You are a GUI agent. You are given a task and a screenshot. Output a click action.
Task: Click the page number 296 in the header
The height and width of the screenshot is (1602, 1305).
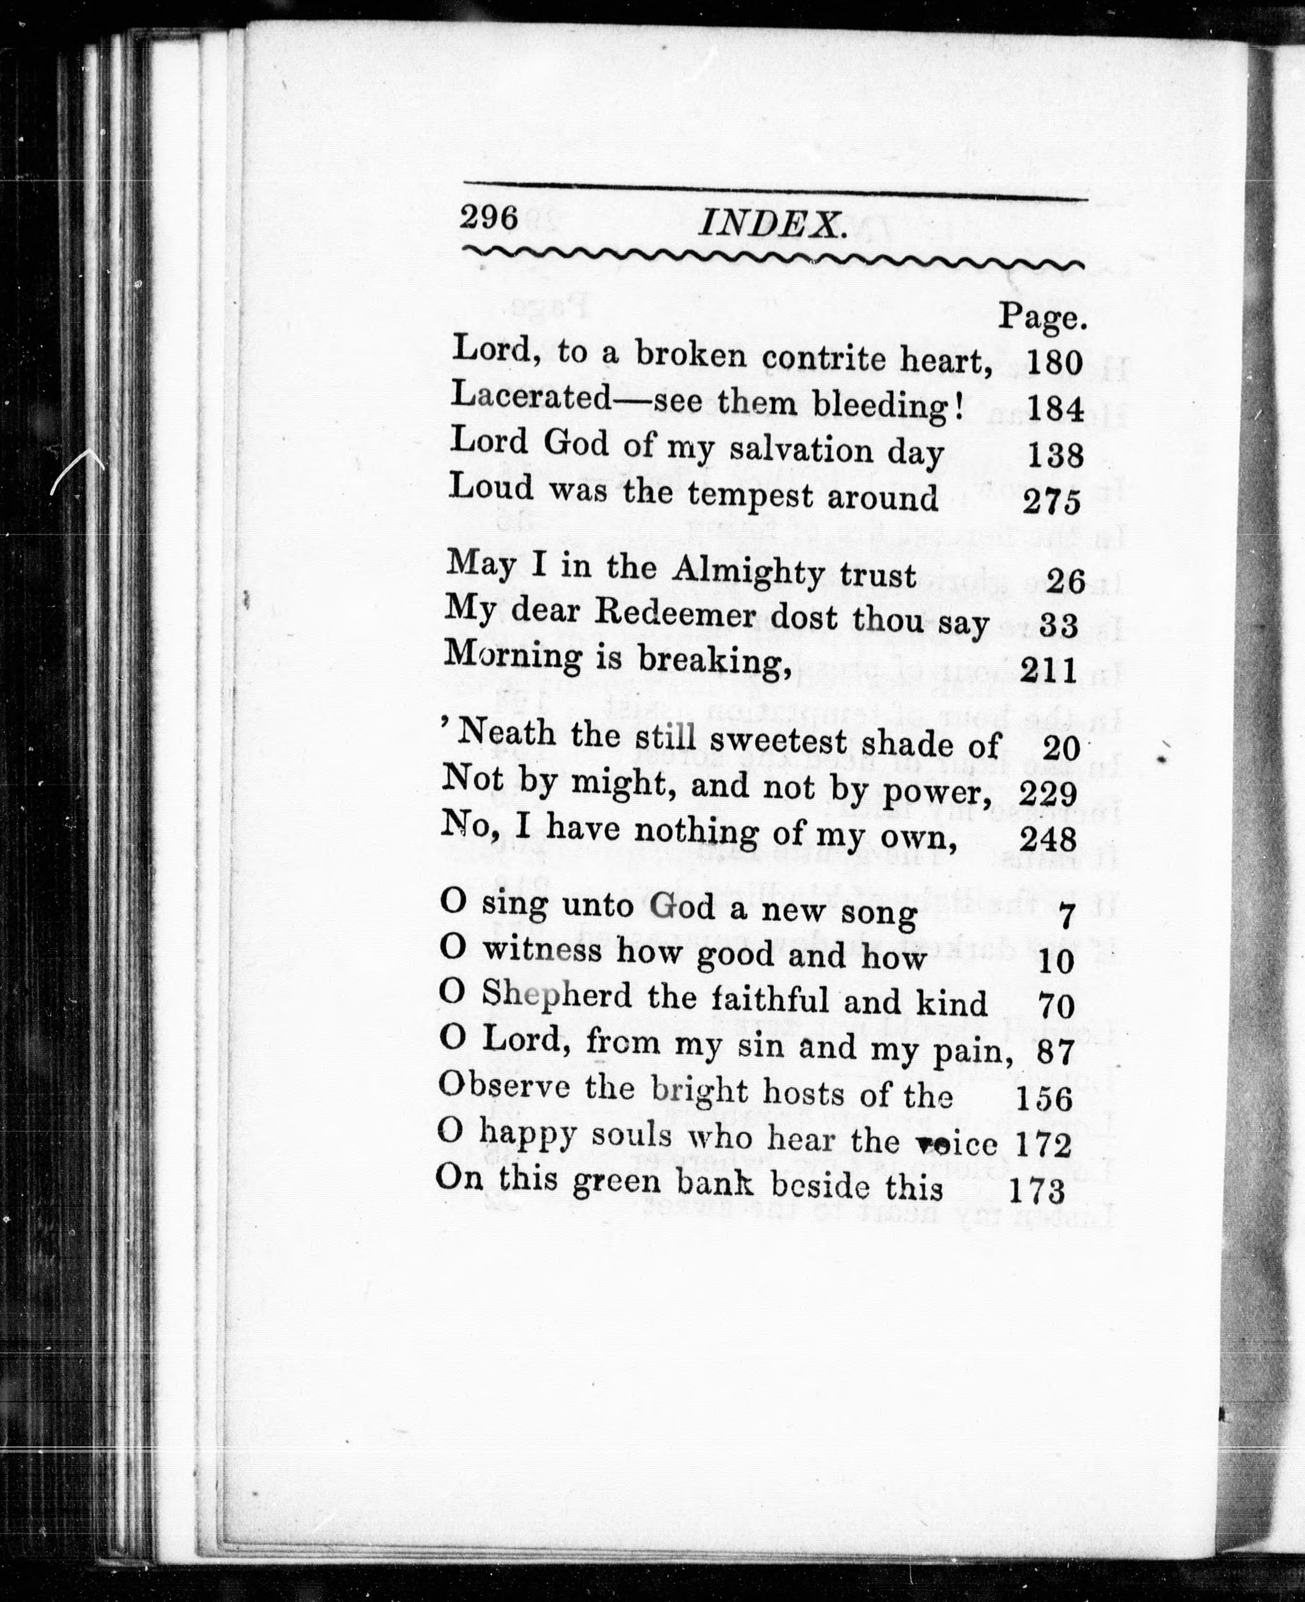click(x=490, y=217)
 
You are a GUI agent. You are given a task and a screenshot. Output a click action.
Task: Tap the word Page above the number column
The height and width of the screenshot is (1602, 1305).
click(x=1042, y=318)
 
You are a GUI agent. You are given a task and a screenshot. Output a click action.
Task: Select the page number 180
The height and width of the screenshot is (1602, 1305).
click(x=1054, y=363)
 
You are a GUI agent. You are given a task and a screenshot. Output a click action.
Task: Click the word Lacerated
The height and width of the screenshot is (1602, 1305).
click(x=532, y=397)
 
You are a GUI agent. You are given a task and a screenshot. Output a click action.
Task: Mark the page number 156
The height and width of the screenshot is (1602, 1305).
click(x=1044, y=1099)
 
